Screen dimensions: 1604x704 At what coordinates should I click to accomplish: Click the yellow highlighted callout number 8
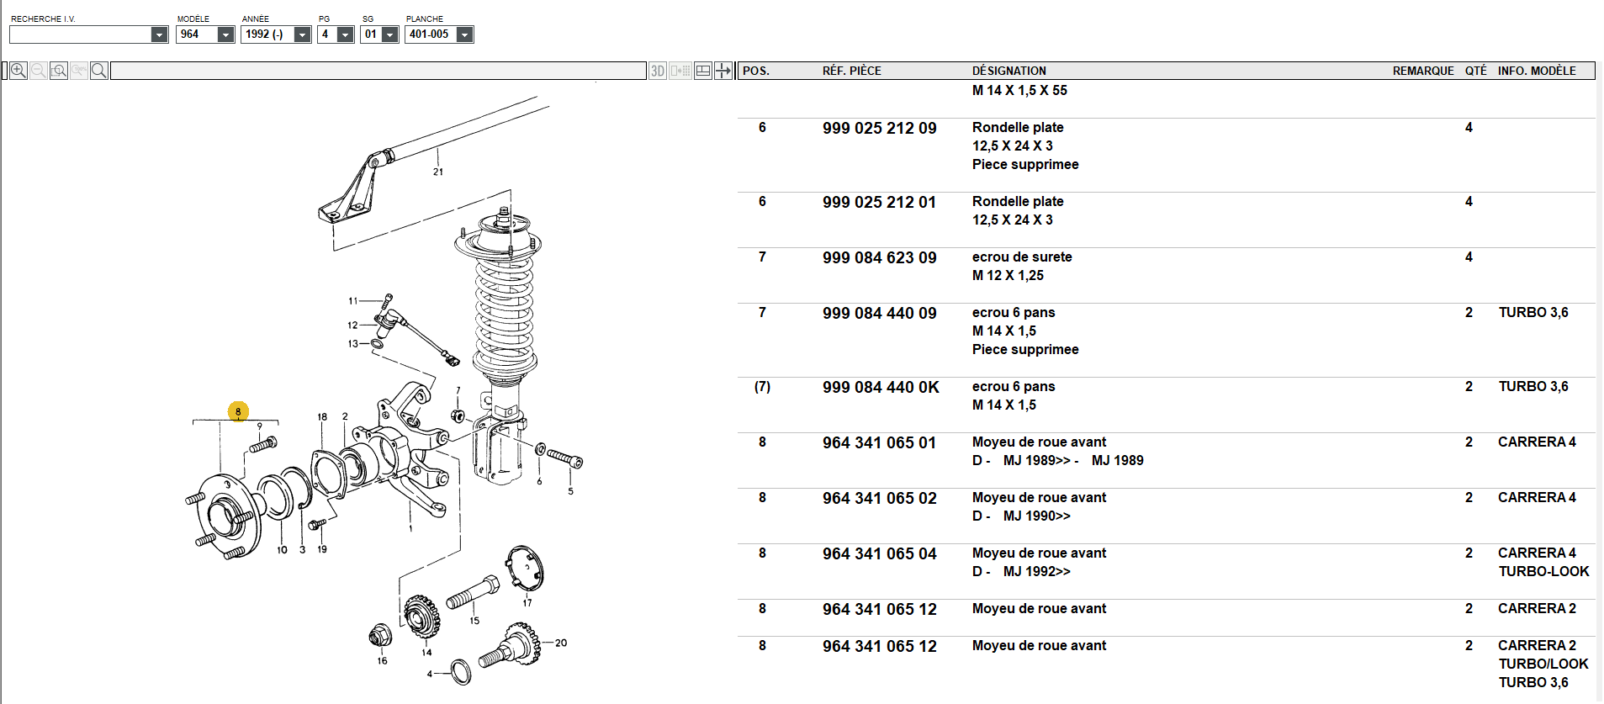238,411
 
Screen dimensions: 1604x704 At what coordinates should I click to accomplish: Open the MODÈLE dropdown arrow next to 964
225,34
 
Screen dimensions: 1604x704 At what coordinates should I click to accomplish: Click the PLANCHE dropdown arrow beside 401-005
464,34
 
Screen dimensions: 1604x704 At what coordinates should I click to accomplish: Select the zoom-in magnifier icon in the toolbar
19,71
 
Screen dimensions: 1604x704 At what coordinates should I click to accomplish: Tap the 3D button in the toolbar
658,71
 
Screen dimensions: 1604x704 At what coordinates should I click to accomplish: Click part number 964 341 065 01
879,442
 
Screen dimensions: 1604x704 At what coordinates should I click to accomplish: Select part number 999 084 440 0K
881,387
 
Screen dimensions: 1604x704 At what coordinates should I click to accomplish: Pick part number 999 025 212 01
879,202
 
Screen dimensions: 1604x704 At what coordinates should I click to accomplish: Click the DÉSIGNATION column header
1009,71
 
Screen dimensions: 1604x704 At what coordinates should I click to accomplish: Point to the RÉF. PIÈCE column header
852,71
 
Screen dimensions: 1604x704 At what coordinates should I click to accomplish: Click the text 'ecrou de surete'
1022,257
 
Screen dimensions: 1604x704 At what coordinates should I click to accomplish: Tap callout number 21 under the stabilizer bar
438,172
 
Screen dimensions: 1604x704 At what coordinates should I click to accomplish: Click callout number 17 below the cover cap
527,602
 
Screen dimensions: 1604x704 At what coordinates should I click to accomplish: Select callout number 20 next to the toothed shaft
561,643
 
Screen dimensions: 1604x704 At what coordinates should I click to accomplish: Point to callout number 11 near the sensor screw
353,300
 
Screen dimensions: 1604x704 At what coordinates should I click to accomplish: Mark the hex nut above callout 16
380,635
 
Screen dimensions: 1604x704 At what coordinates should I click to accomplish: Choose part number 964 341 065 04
879,553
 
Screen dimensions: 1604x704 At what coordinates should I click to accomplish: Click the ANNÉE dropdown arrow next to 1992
302,34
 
